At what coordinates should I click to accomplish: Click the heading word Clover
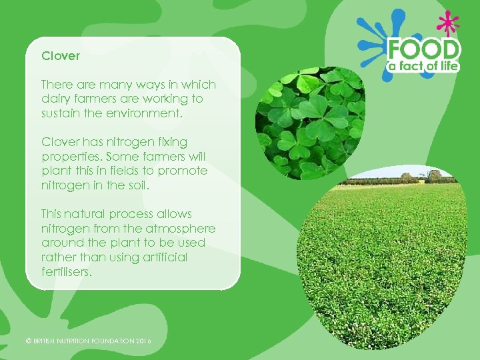[61, 56]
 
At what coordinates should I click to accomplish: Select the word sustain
[59, 113]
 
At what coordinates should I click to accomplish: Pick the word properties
[69, 157]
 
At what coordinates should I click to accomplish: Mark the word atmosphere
[183, 229]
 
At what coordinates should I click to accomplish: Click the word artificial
[163, 257]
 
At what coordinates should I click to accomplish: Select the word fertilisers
[66, 272]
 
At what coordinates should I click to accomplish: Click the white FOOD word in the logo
[424, 49]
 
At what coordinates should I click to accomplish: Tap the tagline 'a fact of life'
[424, 65]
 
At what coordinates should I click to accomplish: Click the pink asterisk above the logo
[447, 24]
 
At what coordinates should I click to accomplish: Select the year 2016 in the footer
[143, 341]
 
